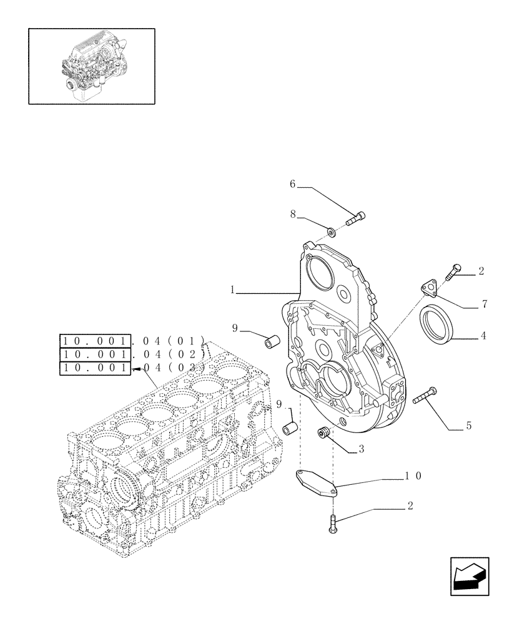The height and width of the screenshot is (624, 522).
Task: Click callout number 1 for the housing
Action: coord(232,290)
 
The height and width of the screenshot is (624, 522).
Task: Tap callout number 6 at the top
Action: coord(292,184)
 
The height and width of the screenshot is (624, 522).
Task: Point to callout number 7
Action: coord(484,305)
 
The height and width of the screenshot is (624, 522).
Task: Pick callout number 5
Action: coord(468,427)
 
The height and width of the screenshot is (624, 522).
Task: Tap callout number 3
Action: coord(361,448)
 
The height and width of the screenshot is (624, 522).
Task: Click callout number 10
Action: coord(413,475)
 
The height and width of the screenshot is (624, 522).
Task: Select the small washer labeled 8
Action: coord(332,233)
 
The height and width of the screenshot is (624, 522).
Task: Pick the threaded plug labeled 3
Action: coord(323,431)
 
